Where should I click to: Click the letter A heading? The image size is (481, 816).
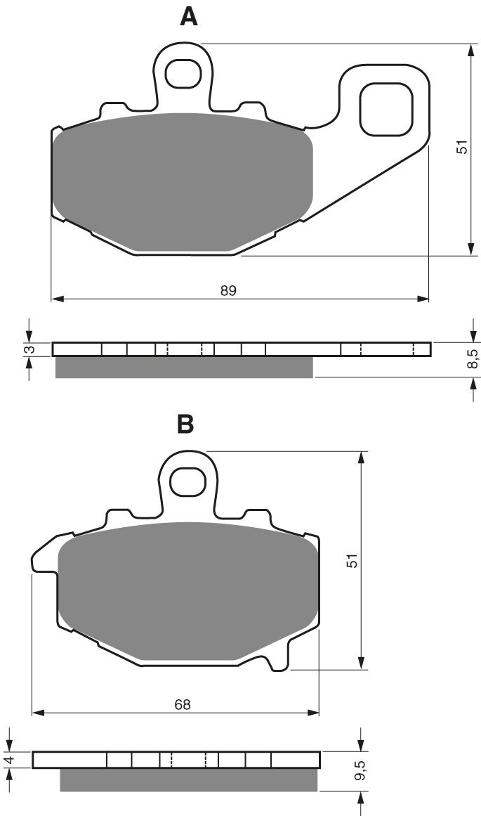pos(189,16)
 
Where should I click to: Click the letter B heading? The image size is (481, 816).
pos(185,424)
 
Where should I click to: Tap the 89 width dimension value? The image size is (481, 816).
pos(228,290)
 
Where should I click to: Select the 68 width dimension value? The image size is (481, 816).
pos(183,704)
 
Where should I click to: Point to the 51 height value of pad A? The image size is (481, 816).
pos(461,148)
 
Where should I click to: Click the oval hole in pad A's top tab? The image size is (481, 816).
pos(183,72)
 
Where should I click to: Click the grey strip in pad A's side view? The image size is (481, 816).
pos(184,367)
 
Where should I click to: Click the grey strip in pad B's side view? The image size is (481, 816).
pos(188,779)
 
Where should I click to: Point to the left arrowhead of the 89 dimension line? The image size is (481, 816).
pos(57,299)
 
